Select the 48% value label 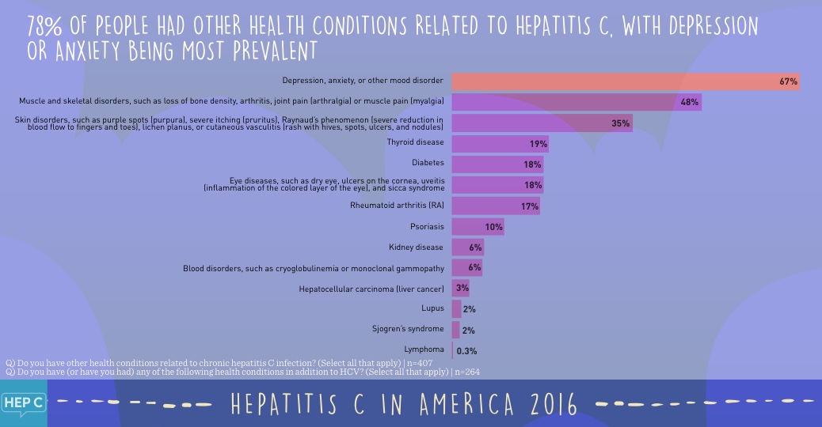coord(689,102)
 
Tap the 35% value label coord(620,123)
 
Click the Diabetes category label coord(428,164)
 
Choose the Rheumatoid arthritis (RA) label coord(397,206)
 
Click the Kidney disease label coord(417,248)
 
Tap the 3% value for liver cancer coord(462,289)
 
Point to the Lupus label coord(432,308)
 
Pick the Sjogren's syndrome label coord(408,329)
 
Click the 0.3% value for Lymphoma coord(467,350)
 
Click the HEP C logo coord(23,402)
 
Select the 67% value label coord(788,81)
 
